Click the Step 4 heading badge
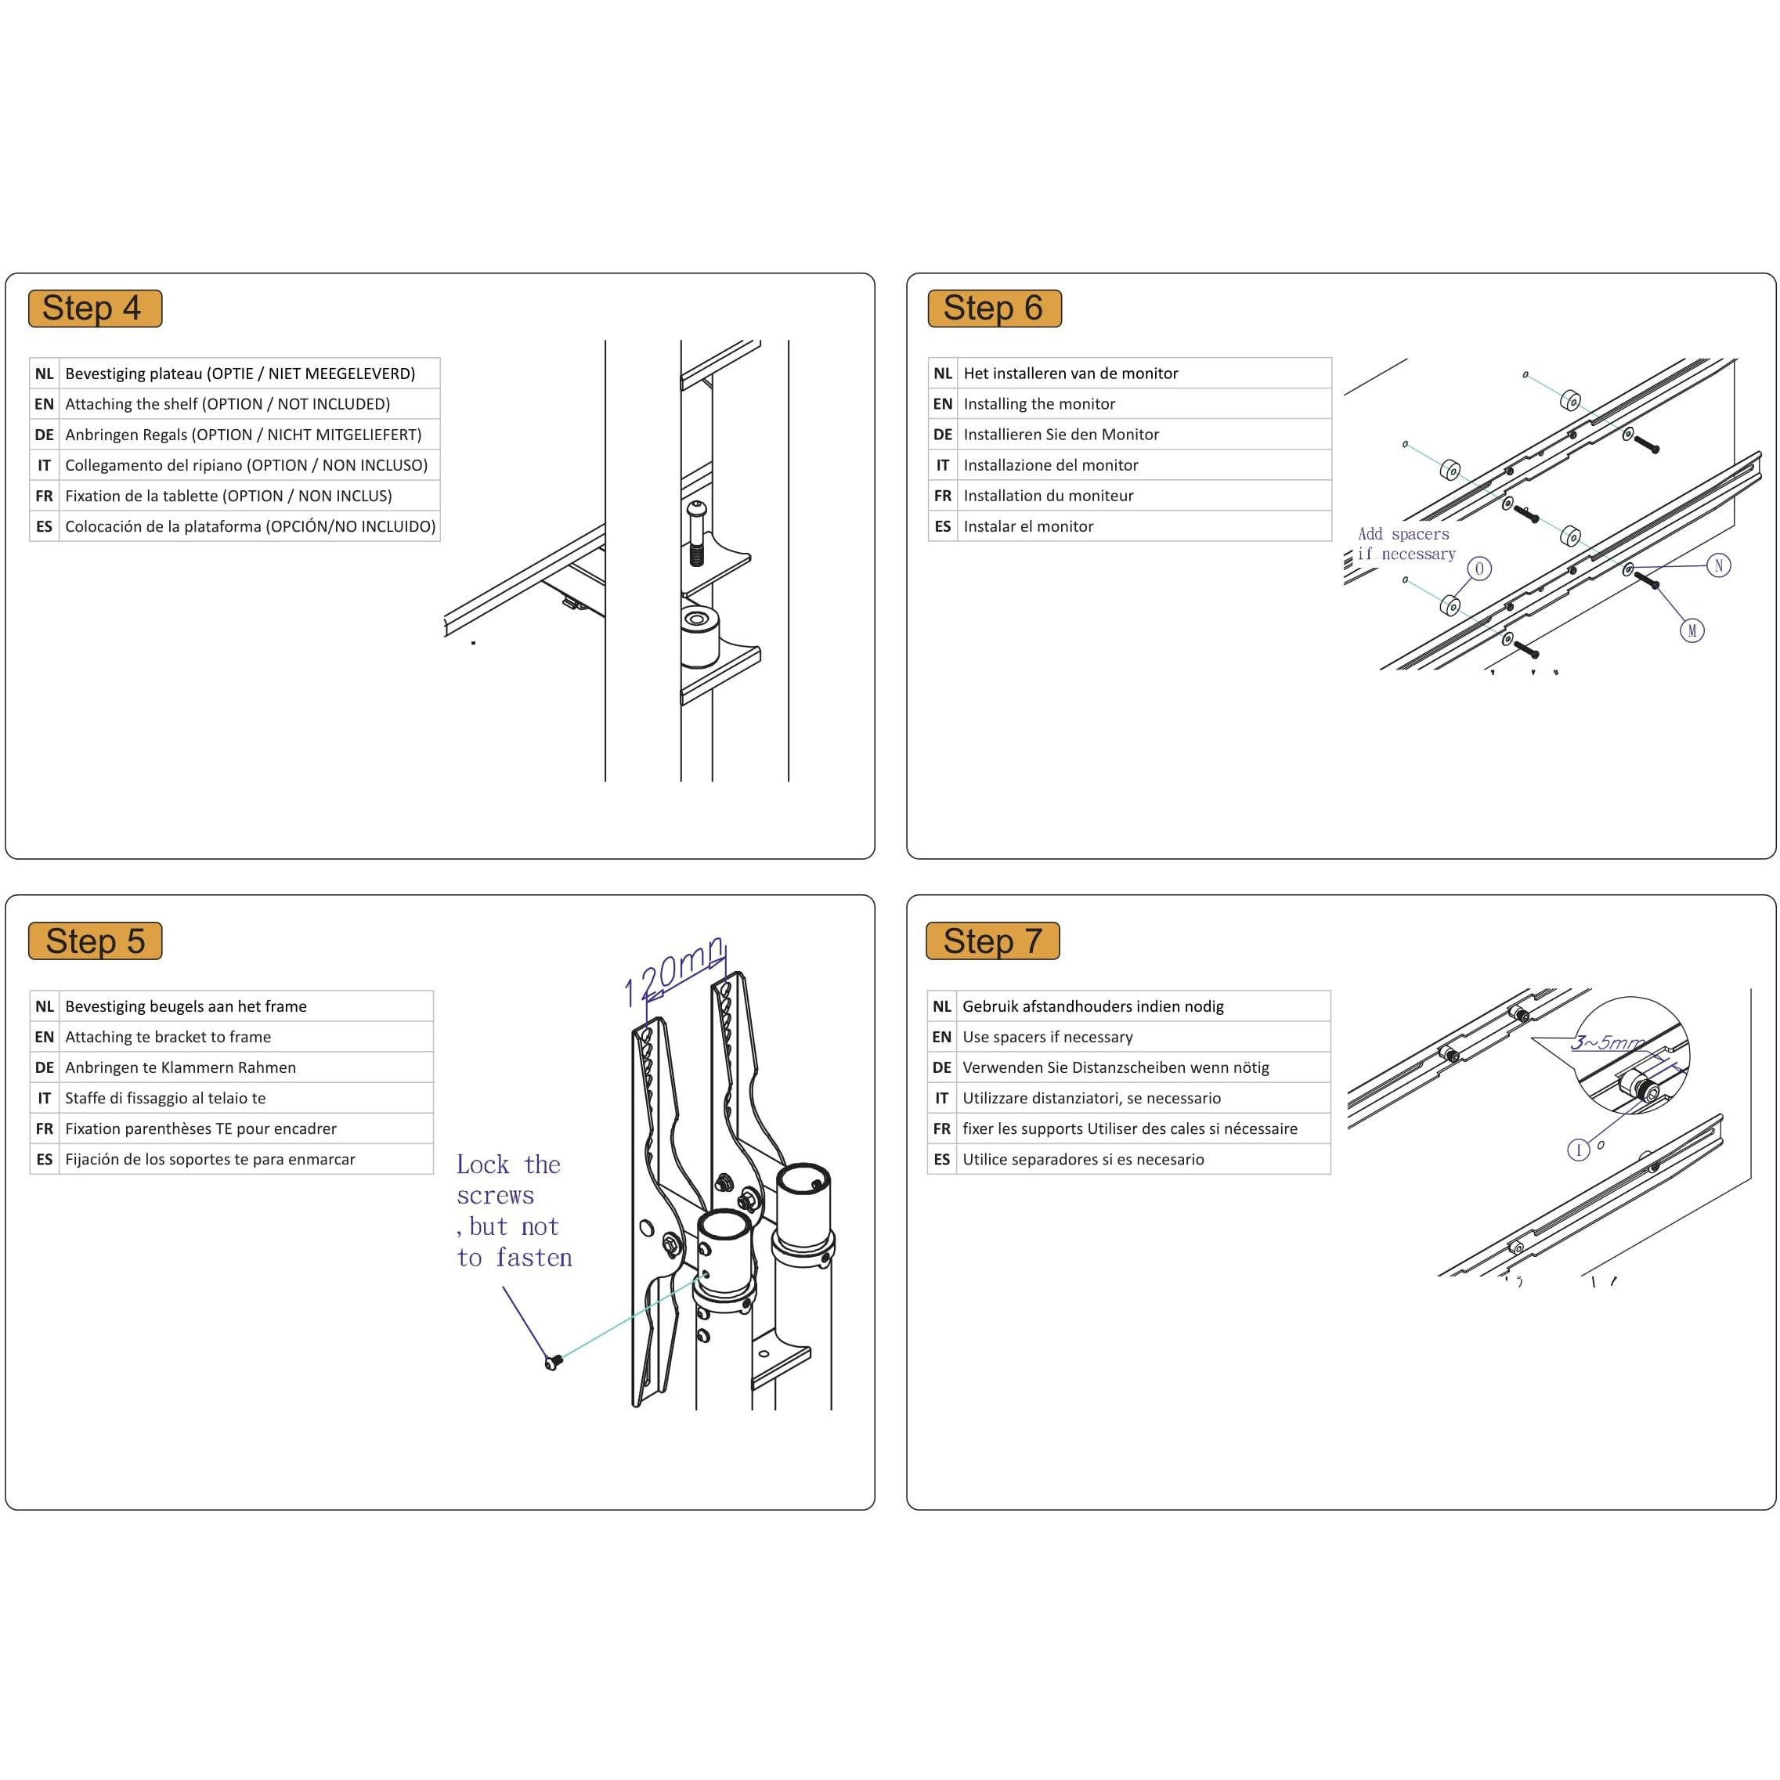point(95,309)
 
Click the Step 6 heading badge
point(994,309)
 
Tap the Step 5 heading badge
point(95,941)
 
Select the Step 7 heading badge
point(992,941)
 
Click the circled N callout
point(1718,565)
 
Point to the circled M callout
point(1692,631)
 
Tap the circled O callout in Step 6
point(1479,569)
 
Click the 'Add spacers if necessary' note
point(1405,543)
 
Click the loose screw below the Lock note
point(553,1362)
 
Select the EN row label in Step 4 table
point(44,403)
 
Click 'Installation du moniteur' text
point(1049,496)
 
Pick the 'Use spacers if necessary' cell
point(1048,1037)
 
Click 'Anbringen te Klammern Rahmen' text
point(181,1067)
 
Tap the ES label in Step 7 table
point(941,1159)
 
